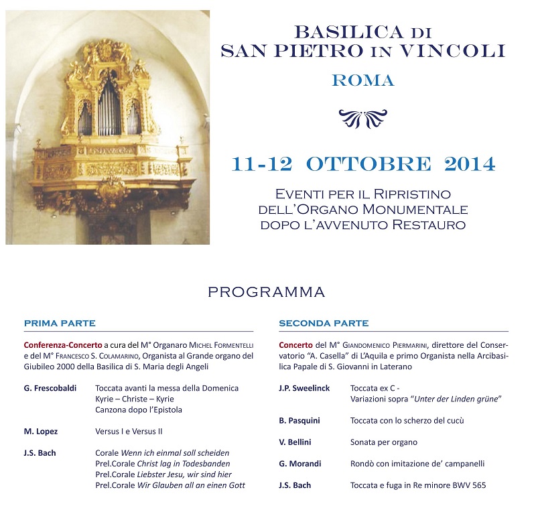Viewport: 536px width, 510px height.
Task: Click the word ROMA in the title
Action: (x=363, y=81)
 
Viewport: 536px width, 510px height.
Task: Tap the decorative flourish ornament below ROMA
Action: (x=362, y=119)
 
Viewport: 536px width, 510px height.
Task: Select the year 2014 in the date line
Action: (x=463, y=164)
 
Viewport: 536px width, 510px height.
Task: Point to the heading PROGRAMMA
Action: (x=266, y=292)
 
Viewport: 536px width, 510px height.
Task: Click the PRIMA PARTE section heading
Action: (x=60, y=323)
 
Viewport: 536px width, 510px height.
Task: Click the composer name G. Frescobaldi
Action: (x=50, y=388)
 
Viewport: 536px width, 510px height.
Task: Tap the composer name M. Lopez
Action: (x=41, y=431)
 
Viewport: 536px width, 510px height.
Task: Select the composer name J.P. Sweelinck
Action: (x=304, y=388)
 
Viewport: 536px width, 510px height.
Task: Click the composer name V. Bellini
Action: (x=295, y=442)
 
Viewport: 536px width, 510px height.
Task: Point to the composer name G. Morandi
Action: (x=299, y=463)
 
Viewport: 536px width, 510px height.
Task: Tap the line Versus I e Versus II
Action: (x=129, y=431)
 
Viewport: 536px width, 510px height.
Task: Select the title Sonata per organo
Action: (x=384, y=442)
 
